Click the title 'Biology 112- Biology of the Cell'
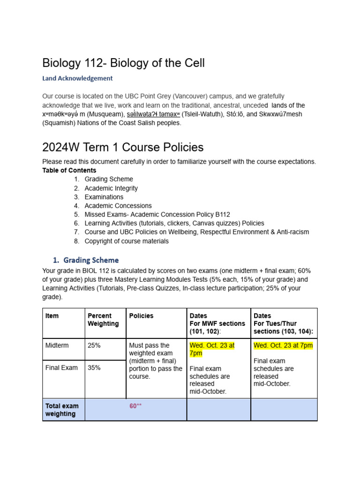pos(123,63)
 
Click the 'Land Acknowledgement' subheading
pos(77,78)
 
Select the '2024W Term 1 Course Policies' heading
pos(123,147)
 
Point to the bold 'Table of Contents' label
pos(69,170)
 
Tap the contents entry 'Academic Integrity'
pos(111,188)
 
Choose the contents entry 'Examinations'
pos(104,197)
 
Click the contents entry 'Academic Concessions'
pos(118,206)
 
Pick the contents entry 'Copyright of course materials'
pos(127,241)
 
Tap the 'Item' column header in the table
pos(52,316)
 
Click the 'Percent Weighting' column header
pos(100,320)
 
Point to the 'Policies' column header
pos(141,316)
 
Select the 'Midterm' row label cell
pos(57,345)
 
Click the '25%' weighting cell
pos(94,345)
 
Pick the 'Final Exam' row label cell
pos(61,368)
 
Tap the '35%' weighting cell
pos(94,368)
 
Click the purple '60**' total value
pos(135,406)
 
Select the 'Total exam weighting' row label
pos(62,410)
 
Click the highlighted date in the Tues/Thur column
pos(283,345)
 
